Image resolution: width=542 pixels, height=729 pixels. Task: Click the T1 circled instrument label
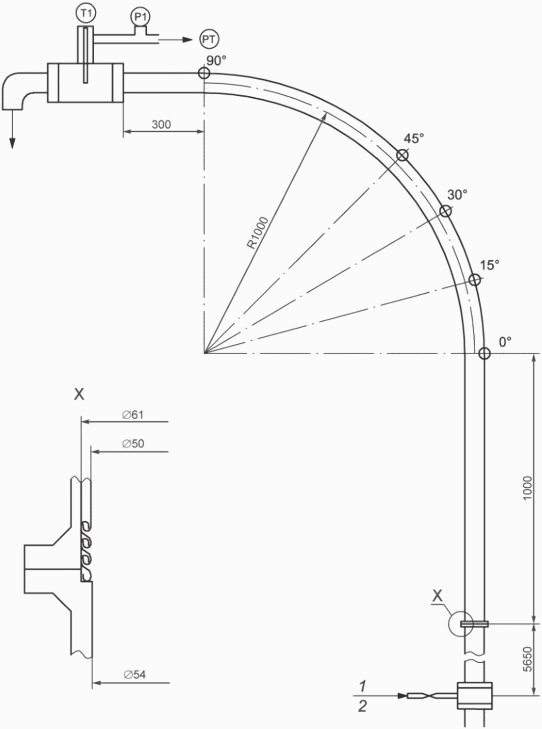coord(85,13)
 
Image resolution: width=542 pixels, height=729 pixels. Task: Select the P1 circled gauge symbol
coord(140,16)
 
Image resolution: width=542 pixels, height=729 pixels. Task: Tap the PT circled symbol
coord(209,39)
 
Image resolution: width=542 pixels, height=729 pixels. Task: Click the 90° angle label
coord(216,60)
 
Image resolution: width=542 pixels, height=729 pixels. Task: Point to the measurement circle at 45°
coord(403,155)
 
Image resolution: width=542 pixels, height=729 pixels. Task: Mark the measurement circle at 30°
coord(445,211)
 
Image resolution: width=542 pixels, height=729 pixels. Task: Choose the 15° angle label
coord(489,265)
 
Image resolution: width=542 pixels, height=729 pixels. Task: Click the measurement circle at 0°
coord(485,354)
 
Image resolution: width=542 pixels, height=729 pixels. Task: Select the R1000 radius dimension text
coord(258,233)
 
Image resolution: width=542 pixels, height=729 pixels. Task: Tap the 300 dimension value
coord(162,125)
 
